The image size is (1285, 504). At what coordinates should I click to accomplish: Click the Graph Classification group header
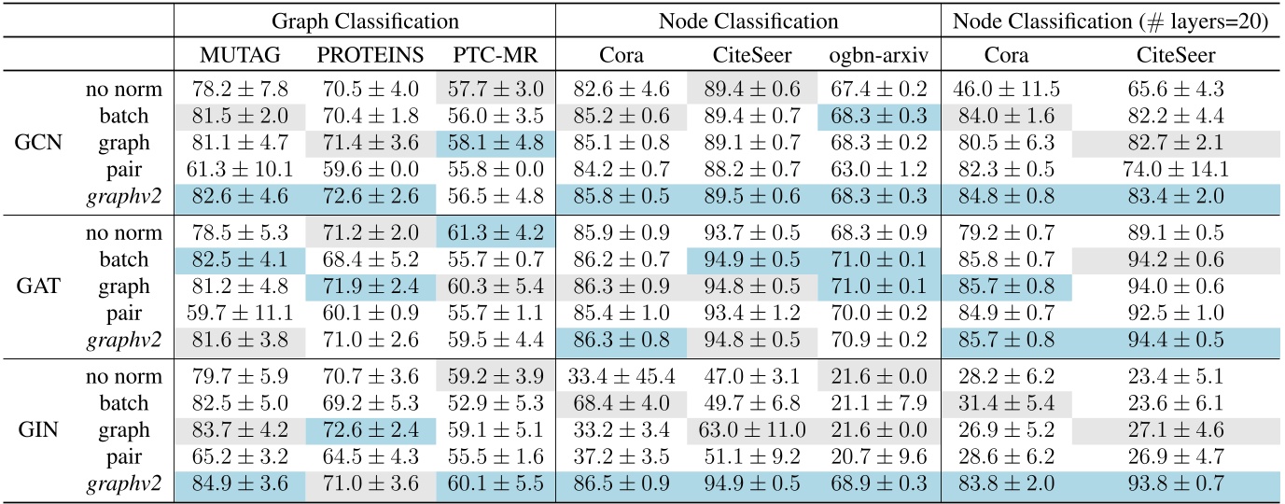365,19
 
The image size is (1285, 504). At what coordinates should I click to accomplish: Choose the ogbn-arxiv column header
877,55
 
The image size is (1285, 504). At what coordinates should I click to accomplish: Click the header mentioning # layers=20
1110,19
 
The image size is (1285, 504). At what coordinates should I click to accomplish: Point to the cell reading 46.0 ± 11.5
1006,91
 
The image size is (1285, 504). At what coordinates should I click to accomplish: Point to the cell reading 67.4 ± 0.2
877,91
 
